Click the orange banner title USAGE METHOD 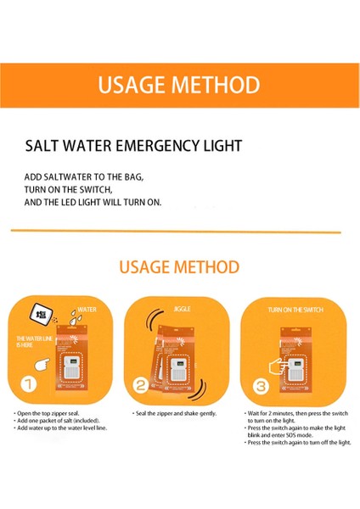point(179,86)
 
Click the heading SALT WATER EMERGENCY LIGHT point(134,146)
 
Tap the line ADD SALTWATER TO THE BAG point(84,177)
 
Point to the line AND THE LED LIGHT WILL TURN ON point(93,203)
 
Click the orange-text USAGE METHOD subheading point(179,267)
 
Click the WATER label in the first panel point(87,310)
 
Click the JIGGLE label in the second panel point(182,310)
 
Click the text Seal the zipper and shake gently point(176,413)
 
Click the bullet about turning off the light point(298,443)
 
